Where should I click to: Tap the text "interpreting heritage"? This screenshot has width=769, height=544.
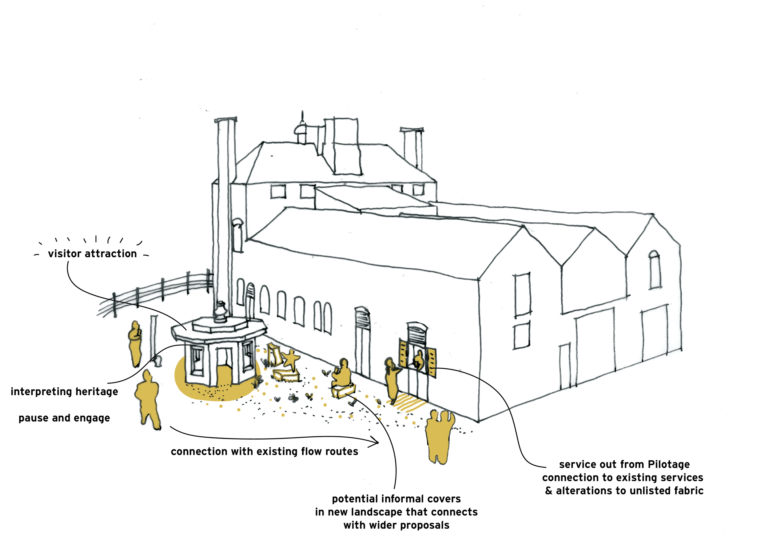click(64, 391)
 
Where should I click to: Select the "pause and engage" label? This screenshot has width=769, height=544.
click(64, 418)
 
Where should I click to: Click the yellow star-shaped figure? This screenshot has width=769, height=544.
click(291, 359)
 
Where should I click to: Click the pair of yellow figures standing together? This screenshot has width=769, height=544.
click(440, 435)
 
